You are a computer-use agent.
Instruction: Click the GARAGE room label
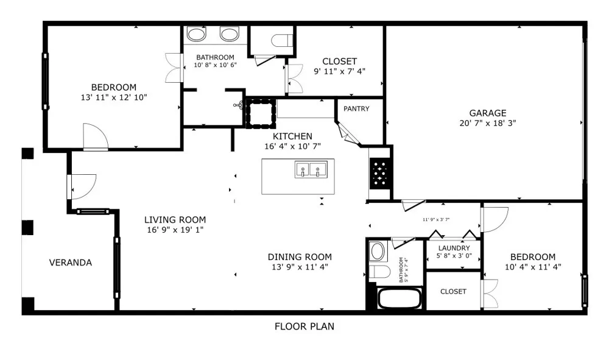(487, 113)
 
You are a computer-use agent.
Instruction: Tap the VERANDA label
(70, 263)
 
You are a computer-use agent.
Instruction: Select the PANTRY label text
(356, 109)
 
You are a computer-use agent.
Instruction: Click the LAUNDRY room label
(454, 248)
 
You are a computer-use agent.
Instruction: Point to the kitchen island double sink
(311, 170)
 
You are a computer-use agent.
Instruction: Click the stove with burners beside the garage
(379, 173)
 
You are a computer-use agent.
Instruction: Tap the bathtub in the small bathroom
(400, 298)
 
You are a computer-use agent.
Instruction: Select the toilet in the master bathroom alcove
(281, 40)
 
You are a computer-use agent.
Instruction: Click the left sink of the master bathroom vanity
(196, 34)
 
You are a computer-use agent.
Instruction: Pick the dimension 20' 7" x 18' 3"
(487, 123)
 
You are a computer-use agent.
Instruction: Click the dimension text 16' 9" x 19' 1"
(175, 230)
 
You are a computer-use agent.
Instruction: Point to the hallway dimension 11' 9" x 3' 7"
(436, 219)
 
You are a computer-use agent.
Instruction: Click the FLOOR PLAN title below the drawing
(304, 326)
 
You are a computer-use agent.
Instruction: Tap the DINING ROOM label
(300, 256)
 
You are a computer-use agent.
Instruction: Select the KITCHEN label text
(292, 136)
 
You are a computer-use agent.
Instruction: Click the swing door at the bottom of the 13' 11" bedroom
(95, 136)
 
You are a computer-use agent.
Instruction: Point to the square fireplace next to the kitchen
(261, 113)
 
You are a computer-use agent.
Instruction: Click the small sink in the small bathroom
(377, 251)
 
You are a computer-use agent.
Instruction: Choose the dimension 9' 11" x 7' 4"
(339, 71)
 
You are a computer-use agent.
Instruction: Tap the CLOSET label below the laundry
(453, 291)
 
